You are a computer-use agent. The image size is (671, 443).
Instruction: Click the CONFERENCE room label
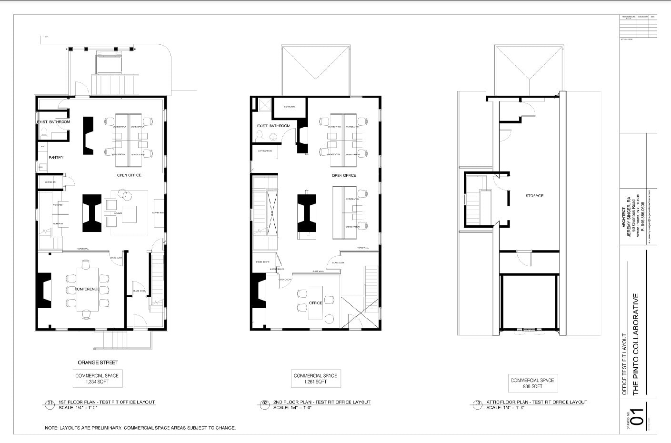[x=87, y=289]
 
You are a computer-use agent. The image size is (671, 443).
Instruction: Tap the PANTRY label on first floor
[x=56, y=157]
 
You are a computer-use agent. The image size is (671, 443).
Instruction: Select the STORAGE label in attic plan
[x=534, y=196]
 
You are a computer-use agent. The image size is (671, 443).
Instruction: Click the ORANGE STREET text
[x=98, y=362]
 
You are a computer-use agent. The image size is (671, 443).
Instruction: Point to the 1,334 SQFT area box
[x=97, y=379]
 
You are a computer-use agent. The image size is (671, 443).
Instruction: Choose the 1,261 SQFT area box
[x=315, y=379]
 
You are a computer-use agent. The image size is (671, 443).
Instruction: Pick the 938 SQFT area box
[x=532, y=383]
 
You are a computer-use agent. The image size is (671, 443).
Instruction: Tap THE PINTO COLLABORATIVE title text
[x=635, y=344]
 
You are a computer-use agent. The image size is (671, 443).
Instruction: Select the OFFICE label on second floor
[x=315, y=303]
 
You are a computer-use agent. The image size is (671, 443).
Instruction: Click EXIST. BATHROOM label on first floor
[x=53, y=122]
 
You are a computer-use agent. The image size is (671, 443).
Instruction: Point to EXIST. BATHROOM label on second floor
[x=273, y=126]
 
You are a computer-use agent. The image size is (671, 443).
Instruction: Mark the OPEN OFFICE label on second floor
[x=344, y=175]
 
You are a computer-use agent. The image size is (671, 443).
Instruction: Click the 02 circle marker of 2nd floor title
[x=265, y=403]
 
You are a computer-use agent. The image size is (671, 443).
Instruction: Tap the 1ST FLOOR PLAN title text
[x=107, y=402]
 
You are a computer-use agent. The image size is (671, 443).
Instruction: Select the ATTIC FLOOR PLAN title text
[x=537, y=402]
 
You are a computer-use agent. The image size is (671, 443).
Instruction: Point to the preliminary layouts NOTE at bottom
[x=140, y=428]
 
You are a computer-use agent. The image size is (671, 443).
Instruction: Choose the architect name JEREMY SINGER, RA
[x=629, y=212]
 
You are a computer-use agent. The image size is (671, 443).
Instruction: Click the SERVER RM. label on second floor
[x=290, y=107]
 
